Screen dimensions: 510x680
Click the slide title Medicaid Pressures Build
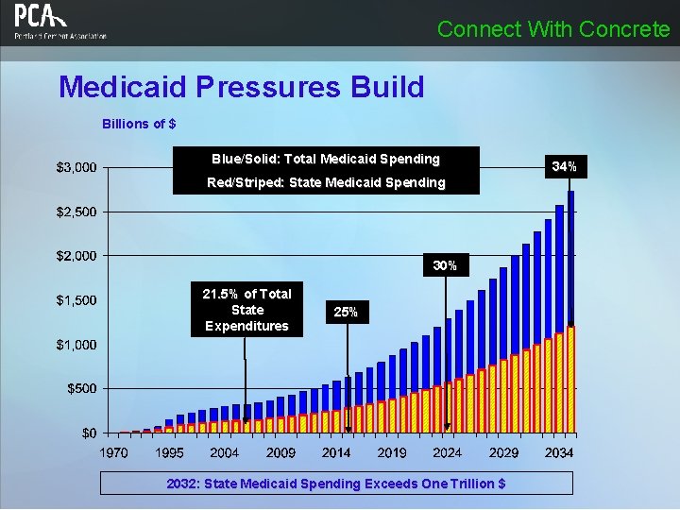[x=242, y=88]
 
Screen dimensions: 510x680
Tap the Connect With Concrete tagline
[x=553, y=29]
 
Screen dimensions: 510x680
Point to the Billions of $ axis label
[x=139, y=124]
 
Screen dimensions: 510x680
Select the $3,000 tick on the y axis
[x=76, y=168]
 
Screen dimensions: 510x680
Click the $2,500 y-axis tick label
[x=76, y=212]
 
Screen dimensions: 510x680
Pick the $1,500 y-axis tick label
[x=76, y=300]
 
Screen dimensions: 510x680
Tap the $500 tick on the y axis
[x=80, y=388]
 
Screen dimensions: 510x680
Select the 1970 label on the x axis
[x=114, y=453]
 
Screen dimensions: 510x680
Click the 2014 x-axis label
[x=336, y=453]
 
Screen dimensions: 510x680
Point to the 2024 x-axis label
[x=447, y=453]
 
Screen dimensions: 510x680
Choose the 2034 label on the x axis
[x=559, y=453]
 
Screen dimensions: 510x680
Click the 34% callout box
[x=565, y=167]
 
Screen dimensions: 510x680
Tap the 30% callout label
[x=445, y=266]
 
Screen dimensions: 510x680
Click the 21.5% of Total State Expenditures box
[x=246, y=310]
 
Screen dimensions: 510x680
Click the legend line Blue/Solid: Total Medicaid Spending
[x=326, y=159]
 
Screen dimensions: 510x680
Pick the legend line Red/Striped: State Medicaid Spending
[x=326, y=182]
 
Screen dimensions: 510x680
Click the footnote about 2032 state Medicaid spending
[x=336, y=484]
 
